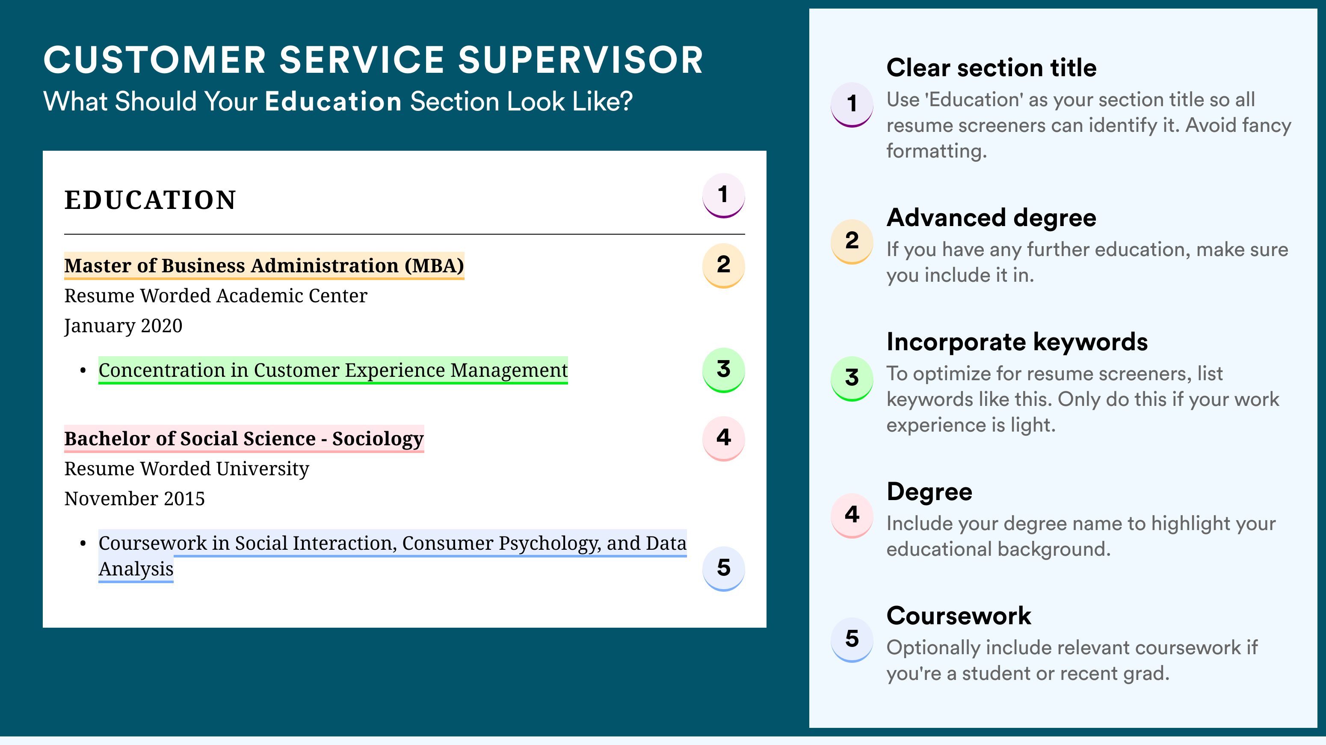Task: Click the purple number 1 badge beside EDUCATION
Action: tap(723, 195)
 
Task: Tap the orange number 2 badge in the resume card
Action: tap(723, 265)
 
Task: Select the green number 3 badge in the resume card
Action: tap(723, 370)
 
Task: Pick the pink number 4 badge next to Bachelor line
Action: tap(723, 438)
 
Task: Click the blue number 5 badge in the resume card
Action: tap(723, 568)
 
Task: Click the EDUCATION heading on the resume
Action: tap(150, 200)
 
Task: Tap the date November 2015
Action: tap(134, 499)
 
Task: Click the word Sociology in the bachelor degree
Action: tap(378, 439)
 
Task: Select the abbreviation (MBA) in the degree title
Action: tap(434, 266)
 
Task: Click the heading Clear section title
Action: tap(992, 68)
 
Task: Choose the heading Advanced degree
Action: tap(992, 218)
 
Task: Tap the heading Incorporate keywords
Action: tap(1017, 342)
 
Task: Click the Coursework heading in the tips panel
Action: tap(959, 616)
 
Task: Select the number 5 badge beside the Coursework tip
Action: tap(852, 639)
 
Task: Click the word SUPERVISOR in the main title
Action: tap(580, 60)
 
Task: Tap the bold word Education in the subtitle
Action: tap(333, 101)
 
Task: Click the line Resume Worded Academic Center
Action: tap(216, 296)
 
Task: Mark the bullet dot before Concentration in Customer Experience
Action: tap(83, 371)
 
